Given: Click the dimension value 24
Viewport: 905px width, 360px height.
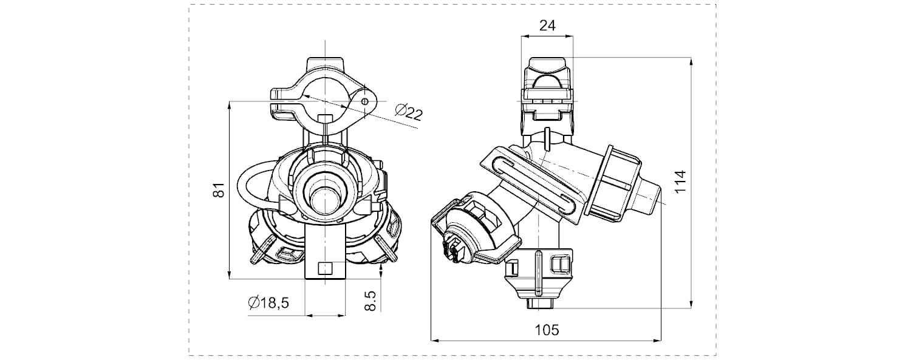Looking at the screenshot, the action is pos(547,25).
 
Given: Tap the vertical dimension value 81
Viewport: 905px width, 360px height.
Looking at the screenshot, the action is pos(219,189).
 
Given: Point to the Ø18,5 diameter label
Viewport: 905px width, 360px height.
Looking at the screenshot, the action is pos(268,302).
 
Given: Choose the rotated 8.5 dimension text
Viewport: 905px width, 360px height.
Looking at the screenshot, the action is pos(370,301).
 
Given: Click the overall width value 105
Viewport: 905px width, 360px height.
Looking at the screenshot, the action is pos(547,330).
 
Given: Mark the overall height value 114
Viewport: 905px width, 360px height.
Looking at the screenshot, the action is pos(680,182).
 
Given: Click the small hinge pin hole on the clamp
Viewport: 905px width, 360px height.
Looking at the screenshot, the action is pos(364,101).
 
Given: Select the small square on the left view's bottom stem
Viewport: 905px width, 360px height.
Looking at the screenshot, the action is pos(325,268).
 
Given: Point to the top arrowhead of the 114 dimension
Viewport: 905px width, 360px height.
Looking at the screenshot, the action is pos(691,61).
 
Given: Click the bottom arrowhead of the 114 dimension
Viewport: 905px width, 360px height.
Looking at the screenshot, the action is pos(691,304).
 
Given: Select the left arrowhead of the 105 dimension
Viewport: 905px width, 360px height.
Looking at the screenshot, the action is pos(435,340).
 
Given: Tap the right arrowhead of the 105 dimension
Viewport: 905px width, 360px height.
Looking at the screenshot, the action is pos(657,340).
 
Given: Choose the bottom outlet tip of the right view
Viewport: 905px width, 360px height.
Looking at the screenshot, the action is pos(539,304).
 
